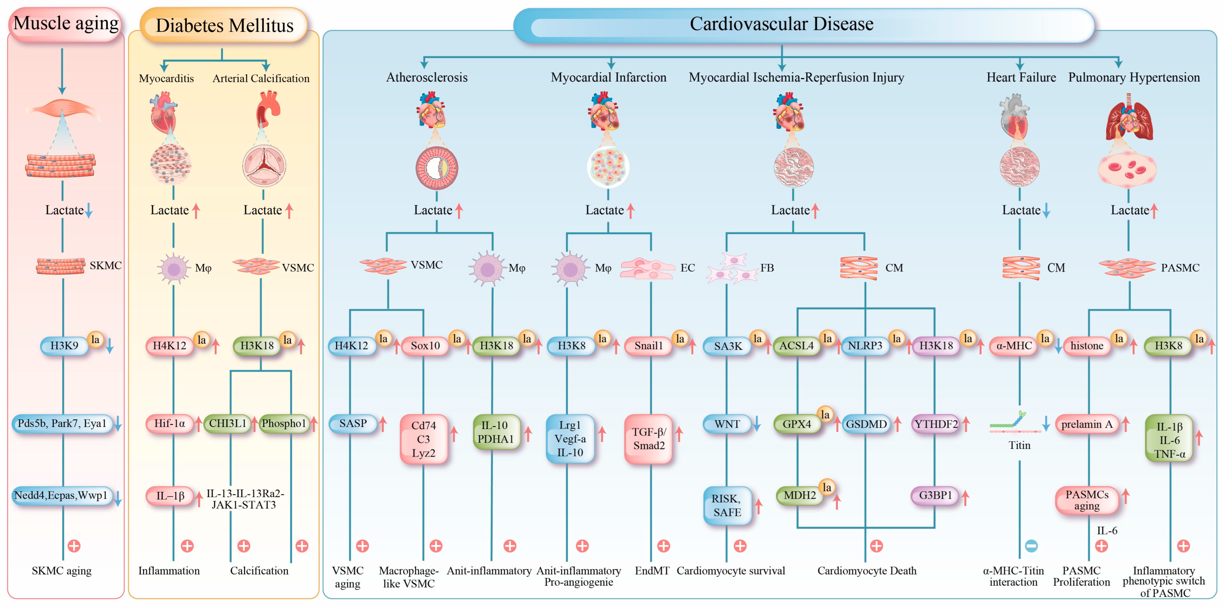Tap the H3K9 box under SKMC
click(65, 345)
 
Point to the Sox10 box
click(425, 345)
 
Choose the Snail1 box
click(648, 345)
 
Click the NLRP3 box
click(865, 345)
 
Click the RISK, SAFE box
click(727, 505)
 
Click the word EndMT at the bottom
click(652, 570)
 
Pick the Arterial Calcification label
click(261, 78)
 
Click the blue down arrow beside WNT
click(757, 423)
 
